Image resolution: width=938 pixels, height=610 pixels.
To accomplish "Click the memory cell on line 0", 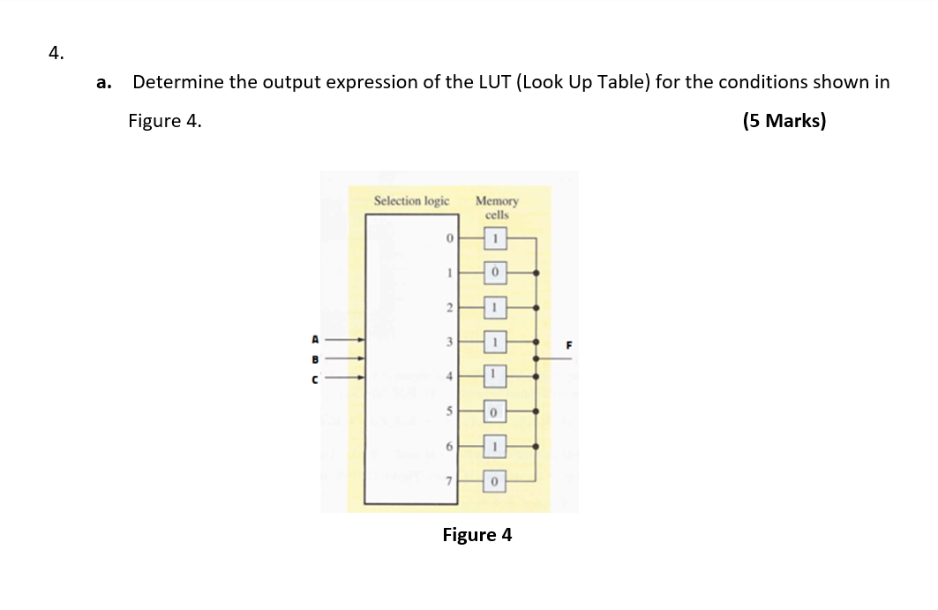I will click(x=496, y=238).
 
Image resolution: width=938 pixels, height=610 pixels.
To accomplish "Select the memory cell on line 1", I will click(x=496, y=274).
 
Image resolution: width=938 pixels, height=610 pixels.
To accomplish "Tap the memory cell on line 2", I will click(x=496, y=308).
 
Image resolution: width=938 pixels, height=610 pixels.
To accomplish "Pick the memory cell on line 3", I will click(x=496, y=343).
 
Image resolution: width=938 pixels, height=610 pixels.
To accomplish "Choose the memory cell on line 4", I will click(x=496, y=377).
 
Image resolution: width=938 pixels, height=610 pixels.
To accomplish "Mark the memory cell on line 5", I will click(x=496, y=411).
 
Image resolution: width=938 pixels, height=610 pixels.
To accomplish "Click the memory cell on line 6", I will click(x=496, y=447).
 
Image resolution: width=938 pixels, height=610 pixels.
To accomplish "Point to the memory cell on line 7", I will click(x=496, y=481).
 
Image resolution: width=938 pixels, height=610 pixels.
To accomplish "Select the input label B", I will click(x=313, y=359).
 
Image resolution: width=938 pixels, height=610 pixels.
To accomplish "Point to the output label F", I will click(x=569, y=347).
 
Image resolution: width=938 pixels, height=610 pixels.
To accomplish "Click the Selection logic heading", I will click(x=411, y=201).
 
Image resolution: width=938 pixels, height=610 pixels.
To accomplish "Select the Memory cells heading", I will click(x=497, y=207).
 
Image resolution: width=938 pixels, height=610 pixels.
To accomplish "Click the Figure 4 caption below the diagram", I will click(x=477, y=535).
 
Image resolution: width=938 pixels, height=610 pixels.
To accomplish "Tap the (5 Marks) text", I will click(x=784, y=121).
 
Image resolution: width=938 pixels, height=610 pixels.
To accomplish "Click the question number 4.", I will click(x=56, y=54).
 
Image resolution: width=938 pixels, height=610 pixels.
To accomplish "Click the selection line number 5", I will click(x=448, y=411).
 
